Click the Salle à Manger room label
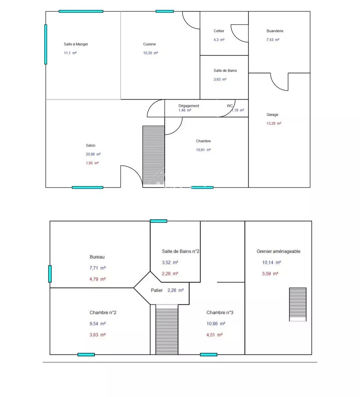point(76,44)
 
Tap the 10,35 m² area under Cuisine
point(150,53)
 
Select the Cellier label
point(219,31)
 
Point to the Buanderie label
point(275,31)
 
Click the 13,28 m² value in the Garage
point(274,123)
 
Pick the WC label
point(230,106)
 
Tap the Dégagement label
point(189,106)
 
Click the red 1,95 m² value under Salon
point(92,163)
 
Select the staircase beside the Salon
point(154,157)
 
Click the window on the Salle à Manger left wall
point(46,44)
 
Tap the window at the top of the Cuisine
point(165,11)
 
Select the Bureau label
point(97,257)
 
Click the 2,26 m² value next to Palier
point(176,290)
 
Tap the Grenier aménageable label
point(278,251)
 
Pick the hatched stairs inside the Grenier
point(298,304)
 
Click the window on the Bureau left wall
point(50,274)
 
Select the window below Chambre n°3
point(209,354)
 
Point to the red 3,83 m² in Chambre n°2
point(98,335)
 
